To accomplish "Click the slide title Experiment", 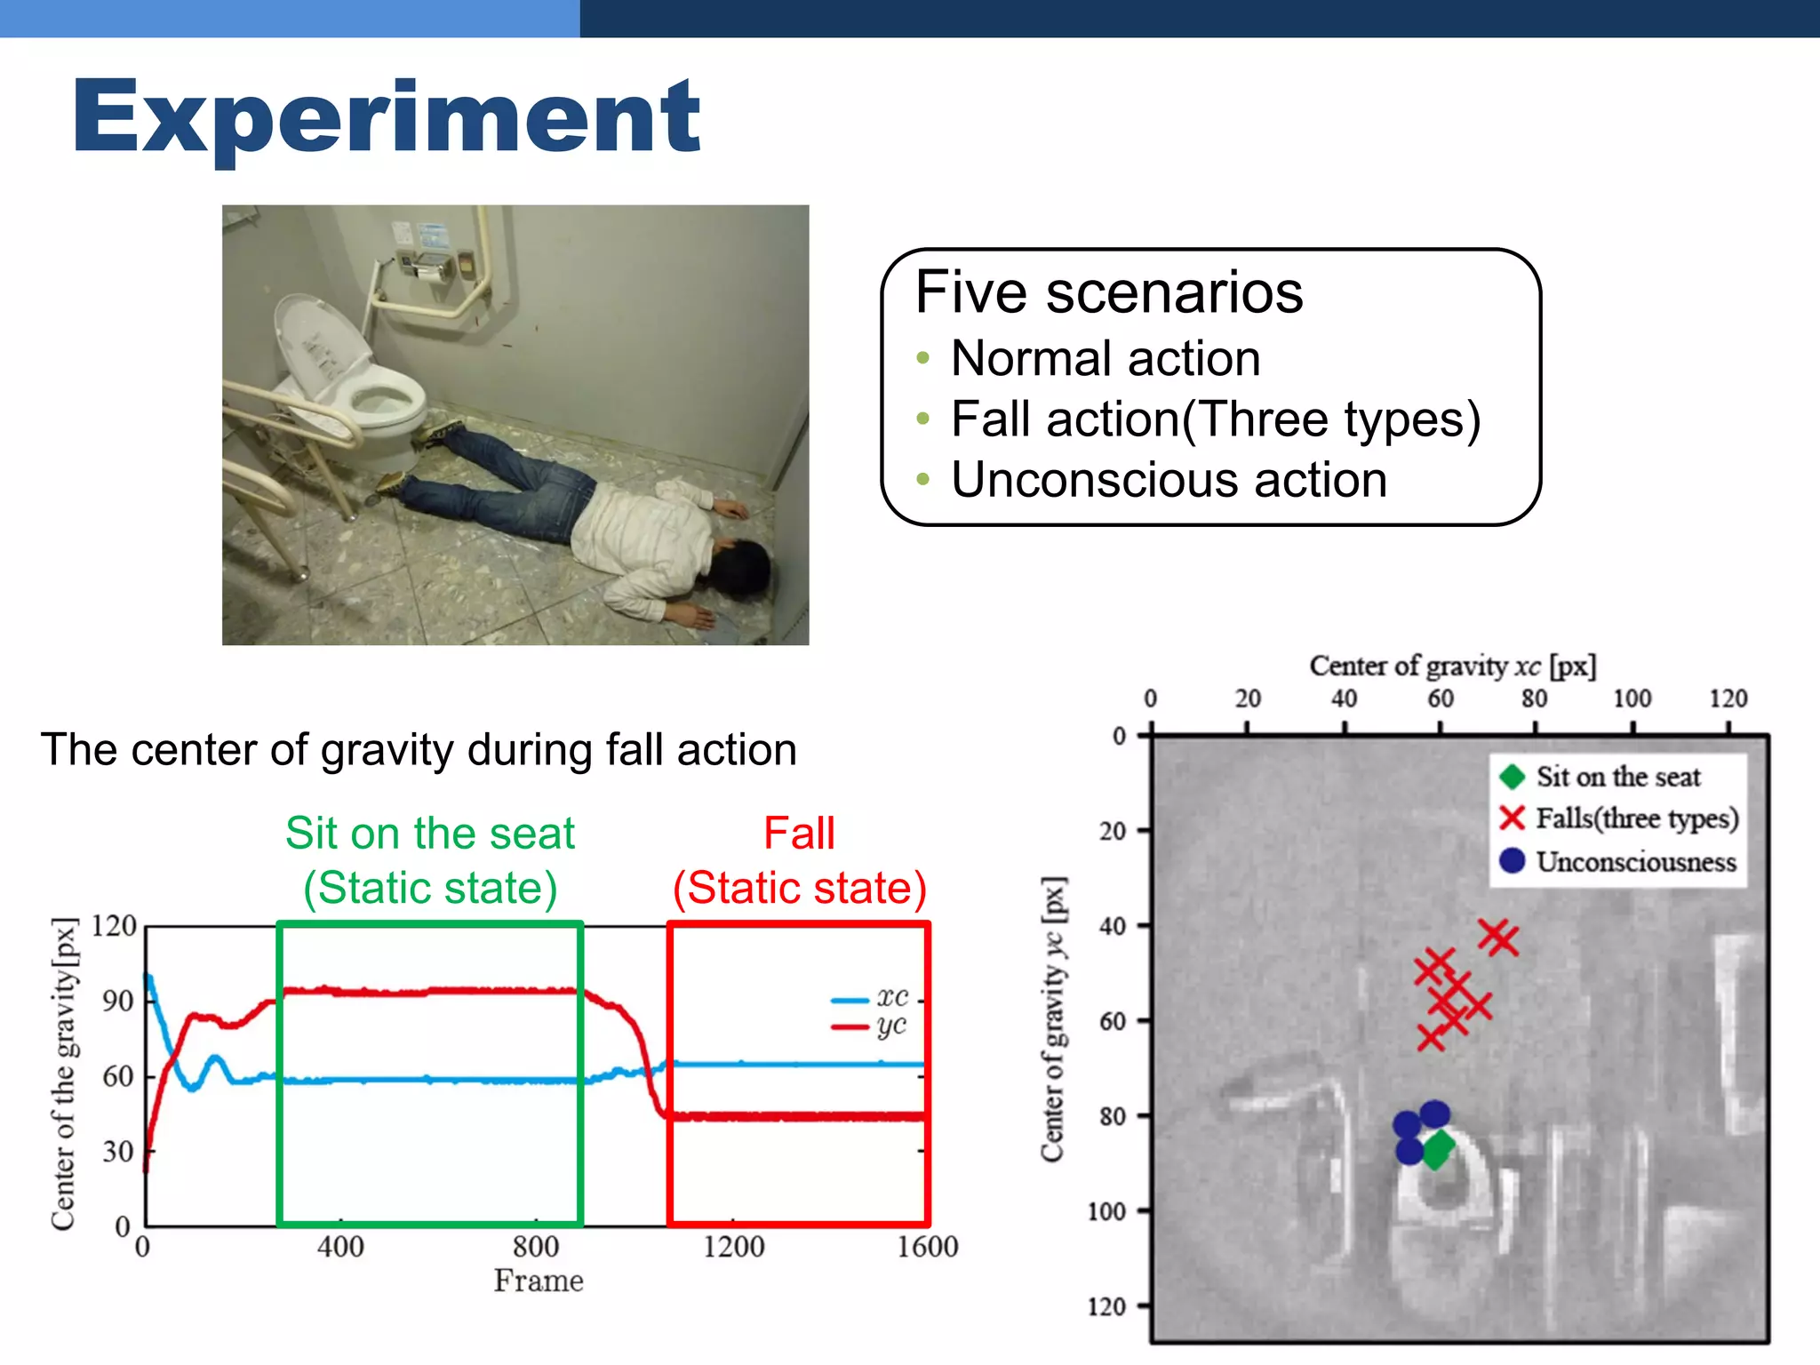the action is (387, 117).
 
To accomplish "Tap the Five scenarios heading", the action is (1109, 291).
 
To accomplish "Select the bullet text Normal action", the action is (1106, 358).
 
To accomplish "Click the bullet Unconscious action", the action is (1169, 480).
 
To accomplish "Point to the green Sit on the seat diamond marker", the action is (1437, 1150).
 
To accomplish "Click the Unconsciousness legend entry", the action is (1617, 861).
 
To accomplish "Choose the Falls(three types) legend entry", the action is (1618, 818).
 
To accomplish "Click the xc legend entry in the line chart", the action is (870, 998).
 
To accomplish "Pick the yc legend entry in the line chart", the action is (870, 1026).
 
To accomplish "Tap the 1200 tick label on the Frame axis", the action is (733, 1247).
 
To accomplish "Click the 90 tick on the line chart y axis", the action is (118, 1001).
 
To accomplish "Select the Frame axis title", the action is (539, 1281).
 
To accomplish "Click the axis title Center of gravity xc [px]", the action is (1453, 666).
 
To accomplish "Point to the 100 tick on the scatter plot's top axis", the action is (1632, 698).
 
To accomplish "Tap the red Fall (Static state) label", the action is (800, 860).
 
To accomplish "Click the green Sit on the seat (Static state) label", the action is (430, 860).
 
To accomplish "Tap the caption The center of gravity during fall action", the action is (419, 749).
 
